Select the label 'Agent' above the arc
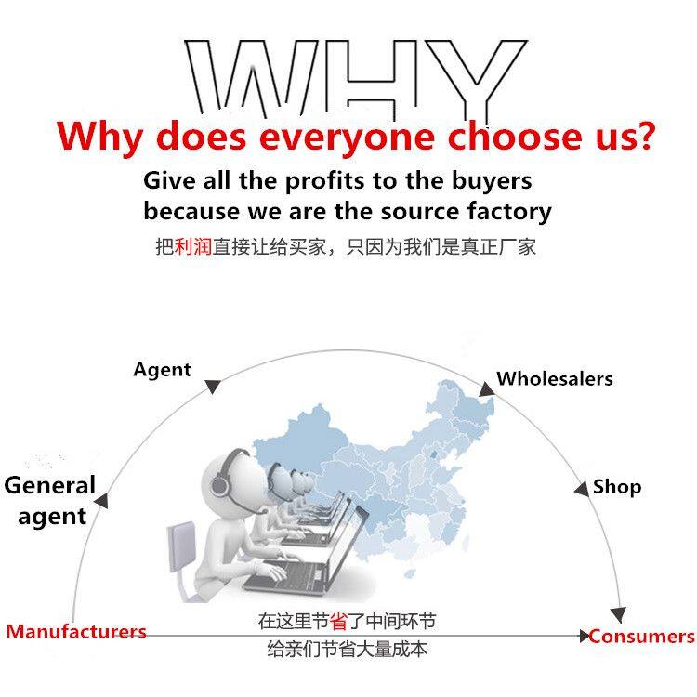pyautogui.click(x=162, y=370)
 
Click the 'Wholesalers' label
pyautogui.click(x=555, y=378)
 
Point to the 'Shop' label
pyautogui.click(x=617, y=486)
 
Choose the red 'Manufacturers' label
pyautogui.click(x=76, y=632)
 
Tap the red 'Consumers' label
pyautogui.click(x=642, y=637)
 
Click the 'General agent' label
pyautogui.click(x=49, y=501)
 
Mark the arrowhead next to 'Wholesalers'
pyautogui.click(x=486, y=388)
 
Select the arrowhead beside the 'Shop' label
pyautogui.click(x=581, y=488)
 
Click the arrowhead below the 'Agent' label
pyautogui.click(x=213, y=386)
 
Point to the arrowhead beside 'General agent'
pyautogui.click(x=101, y=501)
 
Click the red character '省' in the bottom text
pyautogui.click(x=338, y=622)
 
